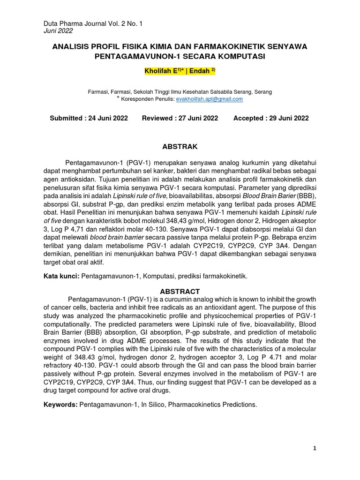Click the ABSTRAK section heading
[180, 146]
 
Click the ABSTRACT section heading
[180, 291]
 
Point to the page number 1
[315, 449]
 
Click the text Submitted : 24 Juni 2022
[89, 118]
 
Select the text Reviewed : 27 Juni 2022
[180, 118]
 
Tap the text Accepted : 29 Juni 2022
[271, 118]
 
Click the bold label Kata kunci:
[61, 277]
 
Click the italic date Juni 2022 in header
[58, 30]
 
